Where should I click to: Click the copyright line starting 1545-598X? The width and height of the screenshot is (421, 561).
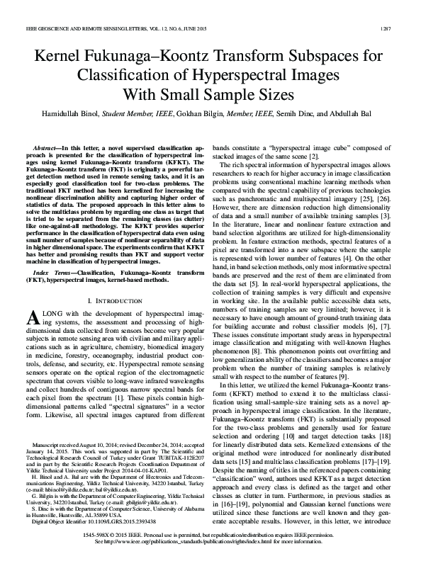(x=211, y=541)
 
